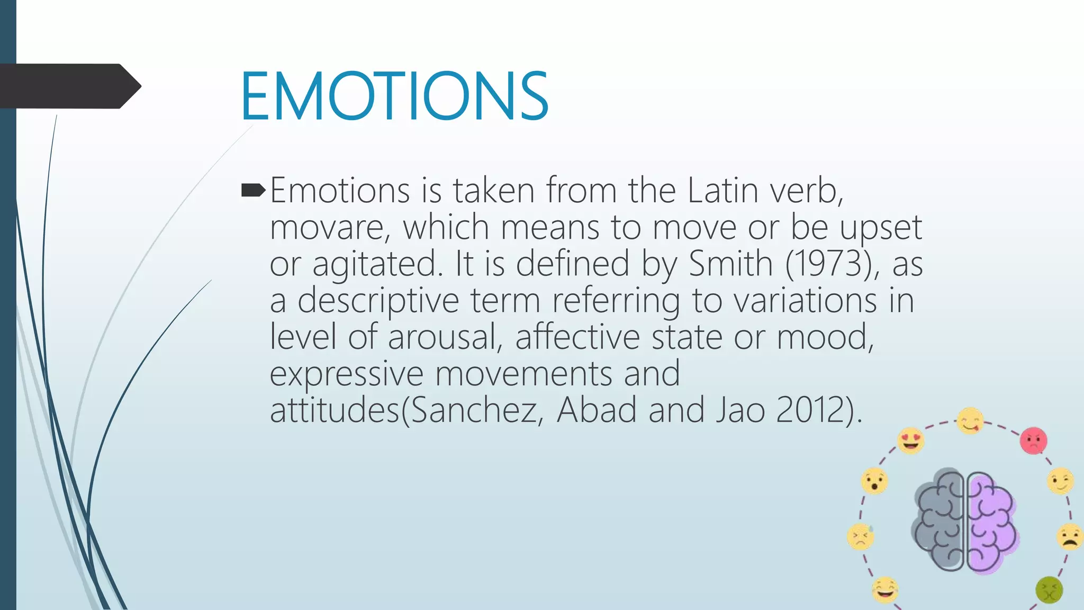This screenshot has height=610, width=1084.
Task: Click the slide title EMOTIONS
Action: click(394, 96)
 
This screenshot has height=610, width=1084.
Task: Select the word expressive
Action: click(347, 374)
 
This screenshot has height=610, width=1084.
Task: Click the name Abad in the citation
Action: click(597, 410)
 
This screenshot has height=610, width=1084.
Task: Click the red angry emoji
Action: click(1033, 441)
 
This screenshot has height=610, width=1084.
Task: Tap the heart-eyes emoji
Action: click(911, 441)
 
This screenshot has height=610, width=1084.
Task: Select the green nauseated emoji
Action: click(1049, 590)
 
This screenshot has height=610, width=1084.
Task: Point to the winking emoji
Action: click(1060, 481)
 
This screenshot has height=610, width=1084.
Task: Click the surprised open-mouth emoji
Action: click(874, 481)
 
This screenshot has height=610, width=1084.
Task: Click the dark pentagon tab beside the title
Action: click(69, 86)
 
